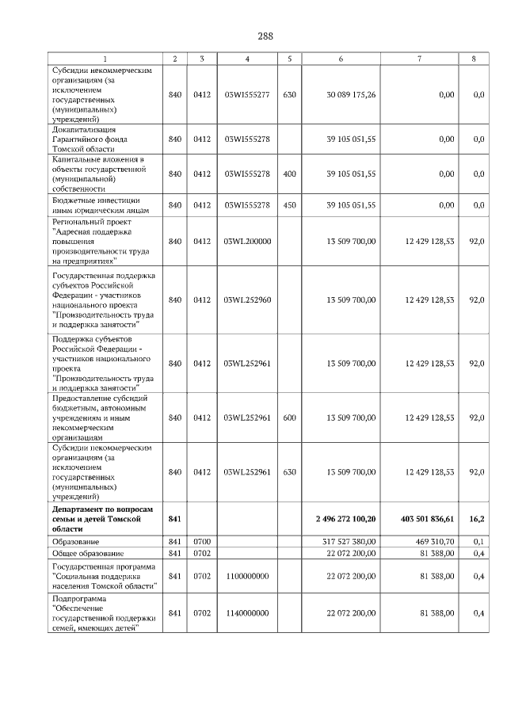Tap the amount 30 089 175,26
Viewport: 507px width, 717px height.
tap(352, 95)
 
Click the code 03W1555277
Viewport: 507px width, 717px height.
tap(247, 95)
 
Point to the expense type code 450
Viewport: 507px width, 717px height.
tap(289, 205)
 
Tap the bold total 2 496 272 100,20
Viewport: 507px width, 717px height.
tap(345, 518)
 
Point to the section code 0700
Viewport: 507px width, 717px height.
tap(202, 541)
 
